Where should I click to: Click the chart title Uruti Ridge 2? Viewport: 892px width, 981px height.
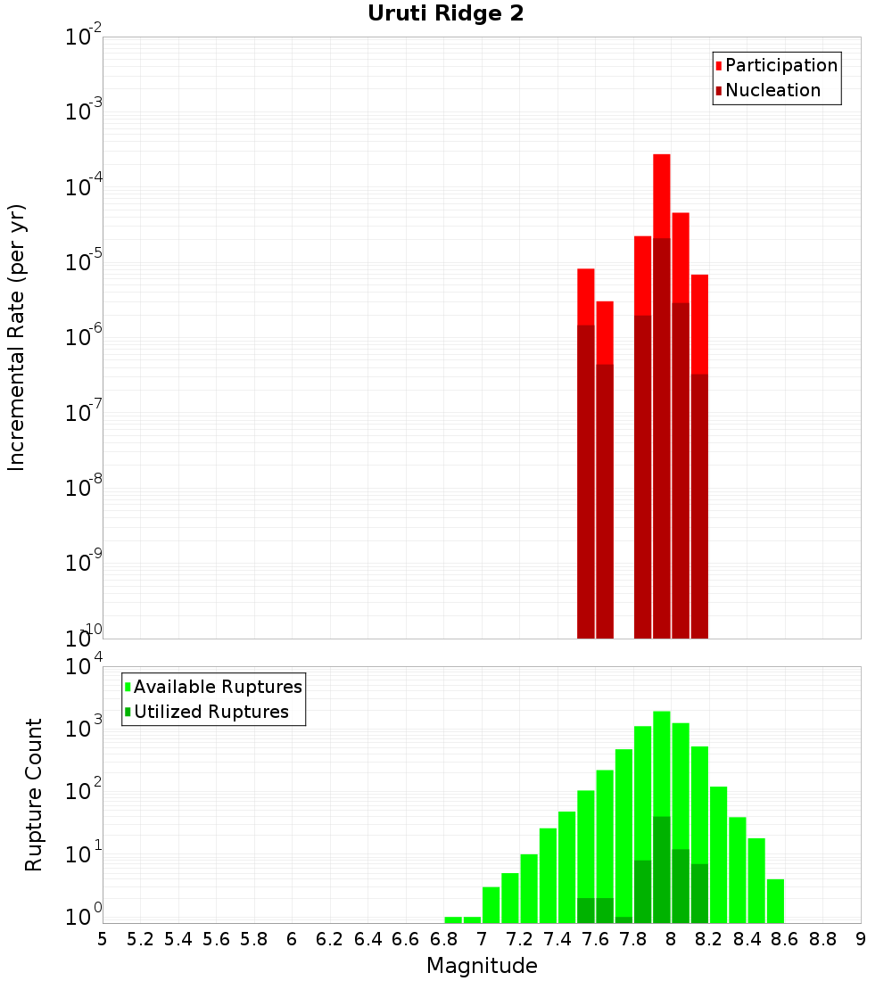click(445, 13)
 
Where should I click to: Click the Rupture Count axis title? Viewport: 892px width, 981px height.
click(34, 795)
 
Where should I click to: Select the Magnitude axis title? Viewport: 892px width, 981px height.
click(482, 966)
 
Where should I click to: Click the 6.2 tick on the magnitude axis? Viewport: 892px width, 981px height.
click(330, 939)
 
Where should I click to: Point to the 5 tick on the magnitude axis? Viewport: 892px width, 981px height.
click(103, 939)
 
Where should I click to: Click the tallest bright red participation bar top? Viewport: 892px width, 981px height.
click(661, 157)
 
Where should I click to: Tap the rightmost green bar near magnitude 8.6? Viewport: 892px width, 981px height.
click(775, 901)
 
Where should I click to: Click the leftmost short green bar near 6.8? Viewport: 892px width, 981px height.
click(453, 919)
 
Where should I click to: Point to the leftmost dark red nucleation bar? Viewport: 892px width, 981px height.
click(586, 482)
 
